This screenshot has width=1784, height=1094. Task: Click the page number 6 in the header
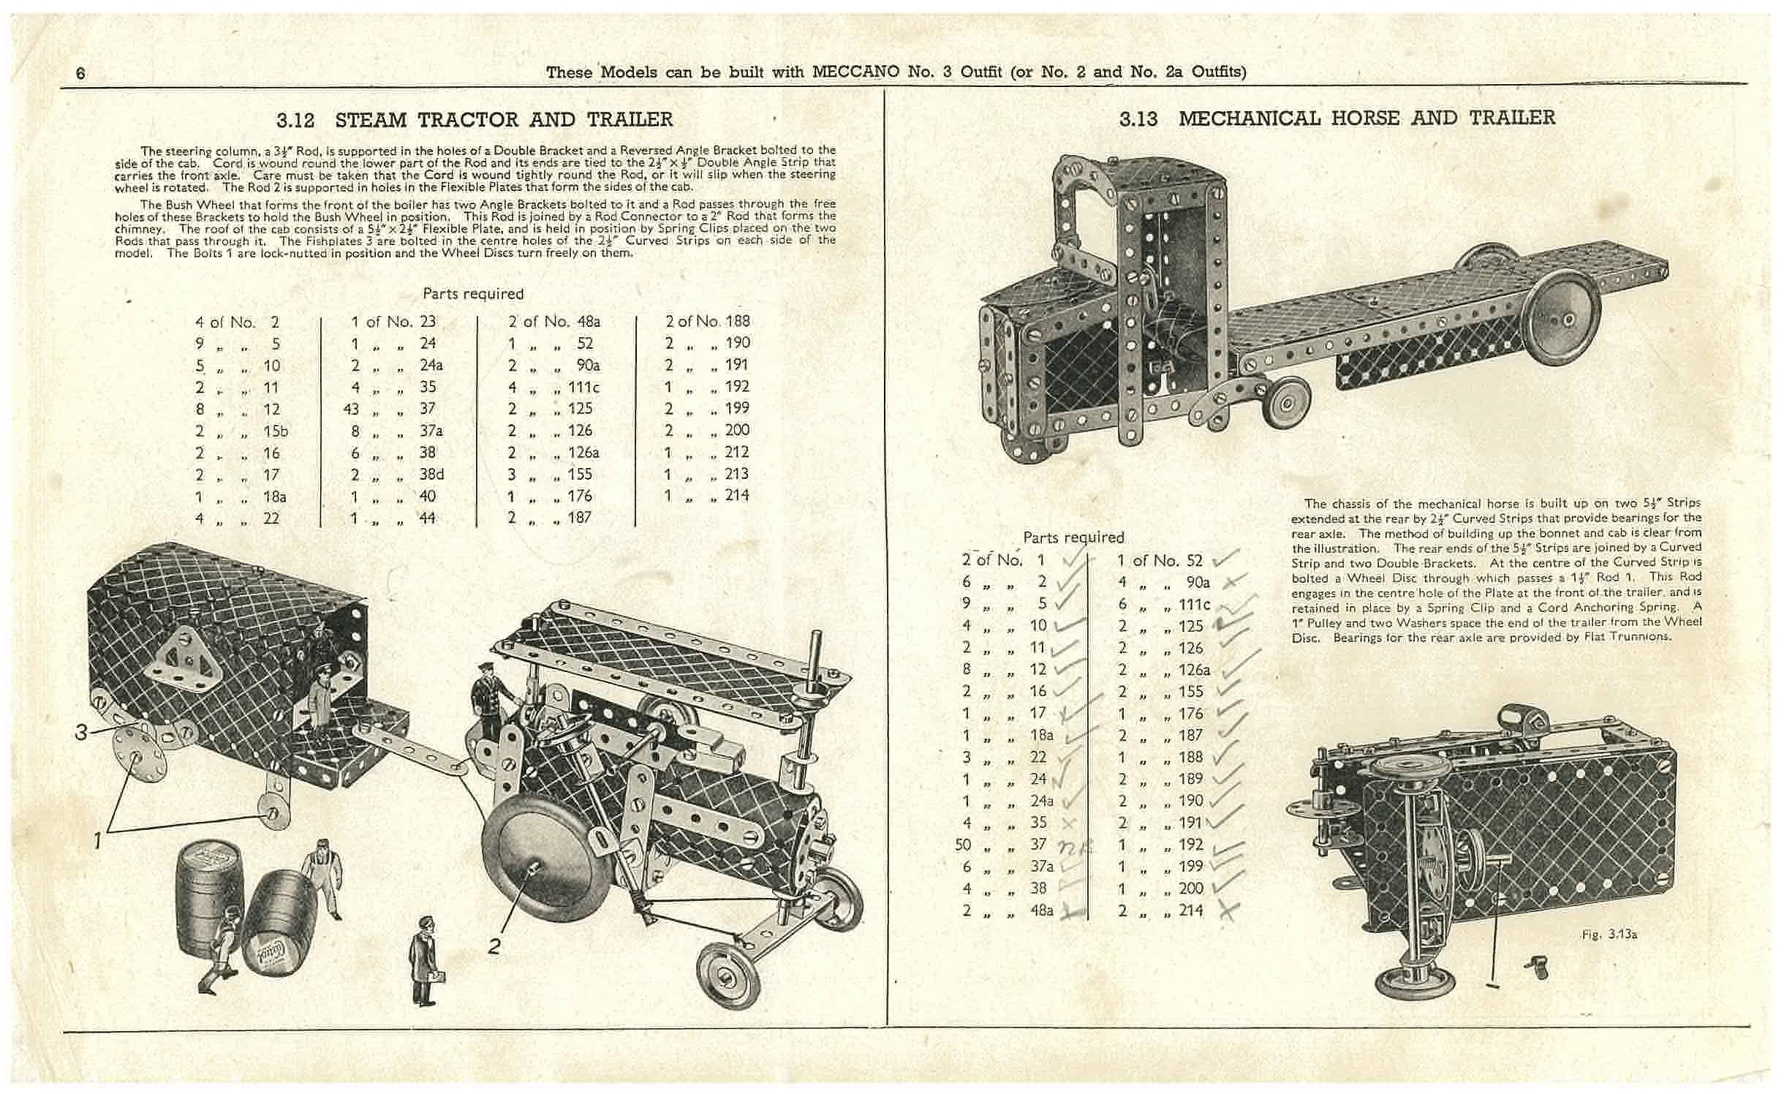tap(80, 73)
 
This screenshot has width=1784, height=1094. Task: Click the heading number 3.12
tap(295, 119)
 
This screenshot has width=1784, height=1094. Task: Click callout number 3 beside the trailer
tap(82, 731)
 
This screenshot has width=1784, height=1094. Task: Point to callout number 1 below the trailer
tap(97, 841)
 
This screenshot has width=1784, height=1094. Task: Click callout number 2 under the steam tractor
tap(495, 946)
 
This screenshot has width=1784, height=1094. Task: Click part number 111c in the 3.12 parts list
tap(583, 387)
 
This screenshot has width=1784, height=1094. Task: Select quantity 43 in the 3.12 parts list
tap(351, 409)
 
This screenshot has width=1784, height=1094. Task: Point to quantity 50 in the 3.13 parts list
tap(963, 845)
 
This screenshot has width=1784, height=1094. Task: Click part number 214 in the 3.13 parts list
tap(1191, 910)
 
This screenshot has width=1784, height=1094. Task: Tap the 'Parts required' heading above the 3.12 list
tap(473, 294)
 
